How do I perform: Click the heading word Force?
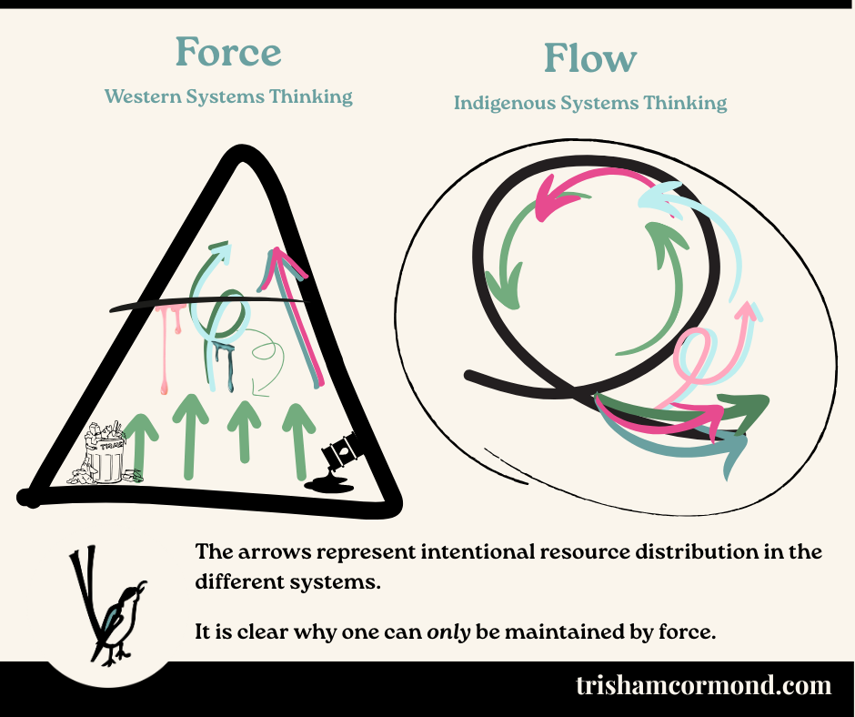(229, 53)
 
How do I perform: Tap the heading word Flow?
(589, 59)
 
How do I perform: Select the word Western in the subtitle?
(147, 96)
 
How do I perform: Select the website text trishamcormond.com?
(703, 685)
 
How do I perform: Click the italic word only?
(449, 631)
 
